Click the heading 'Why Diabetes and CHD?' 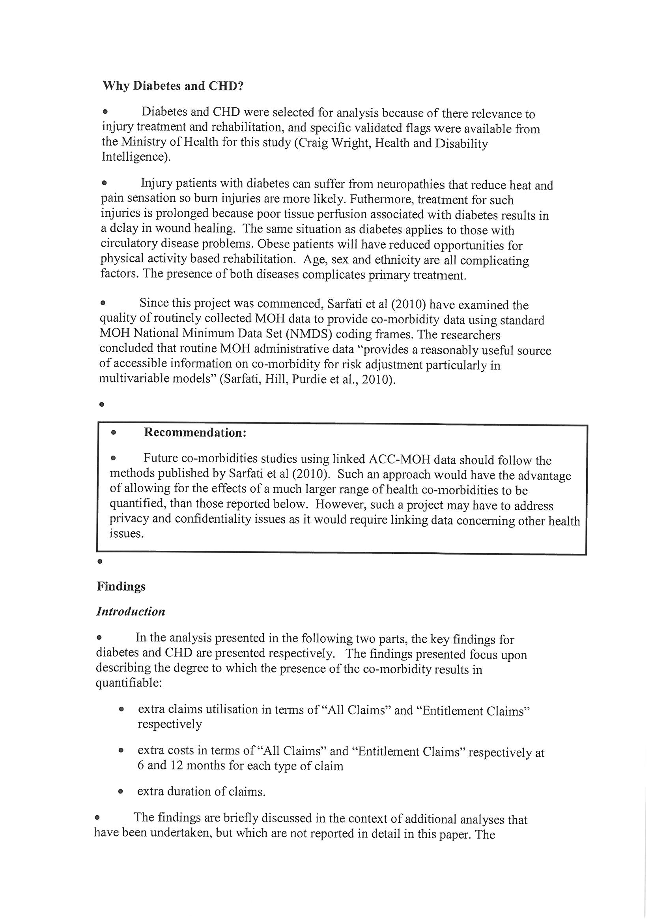click(173, 86)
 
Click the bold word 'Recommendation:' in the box click(195, 433)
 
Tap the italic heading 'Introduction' click(131, 612)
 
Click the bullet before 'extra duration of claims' click(120, 792)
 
